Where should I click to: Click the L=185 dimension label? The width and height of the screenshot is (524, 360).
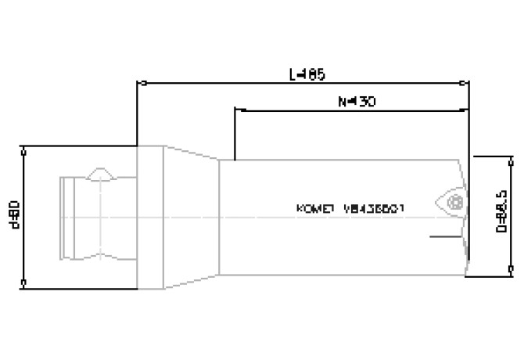[307, 75]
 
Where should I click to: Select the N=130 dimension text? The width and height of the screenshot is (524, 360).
[355, 102]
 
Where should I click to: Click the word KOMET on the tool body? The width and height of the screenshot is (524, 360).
[316, 209]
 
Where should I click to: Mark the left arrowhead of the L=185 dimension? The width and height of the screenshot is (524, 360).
[142, 81]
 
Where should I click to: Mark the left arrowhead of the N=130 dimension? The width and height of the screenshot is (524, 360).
[239, 109]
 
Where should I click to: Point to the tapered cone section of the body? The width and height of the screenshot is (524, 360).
[190, 217]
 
